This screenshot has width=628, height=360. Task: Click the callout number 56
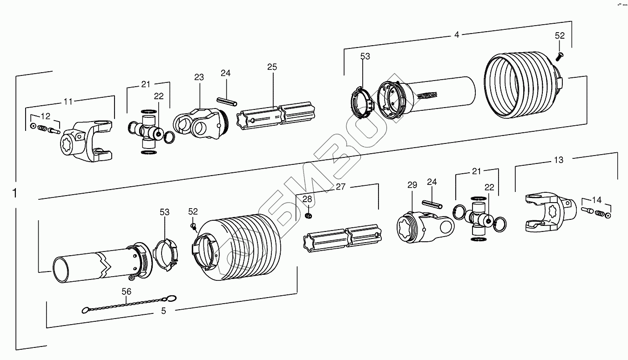click(x=127, y=292)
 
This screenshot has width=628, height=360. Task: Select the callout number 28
click(x=307, y=199)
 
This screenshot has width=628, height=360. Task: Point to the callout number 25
click(x=272, y=67)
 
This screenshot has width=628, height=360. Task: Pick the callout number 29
click(x=412, y=185)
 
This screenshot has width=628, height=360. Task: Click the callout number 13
click(x=558, y=160)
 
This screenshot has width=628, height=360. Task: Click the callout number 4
click(x=457, y=34)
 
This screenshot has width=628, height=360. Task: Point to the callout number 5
click(x=163, y=311)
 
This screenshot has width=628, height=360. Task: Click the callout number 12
click(x=46, y=116)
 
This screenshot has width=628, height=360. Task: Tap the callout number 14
click(x=596, y=200)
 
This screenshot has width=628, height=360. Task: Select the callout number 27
click(x=341, y=187)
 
